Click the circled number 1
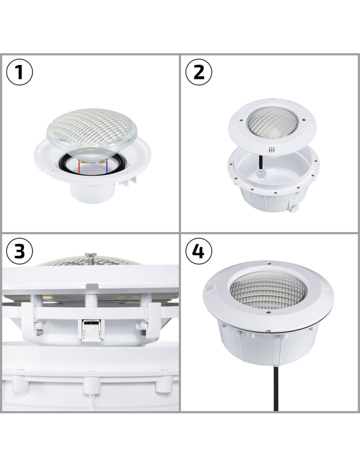point(20,73)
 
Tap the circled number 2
point(199,73)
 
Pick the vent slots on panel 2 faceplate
point(270,150)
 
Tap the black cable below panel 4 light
point(269,392)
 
